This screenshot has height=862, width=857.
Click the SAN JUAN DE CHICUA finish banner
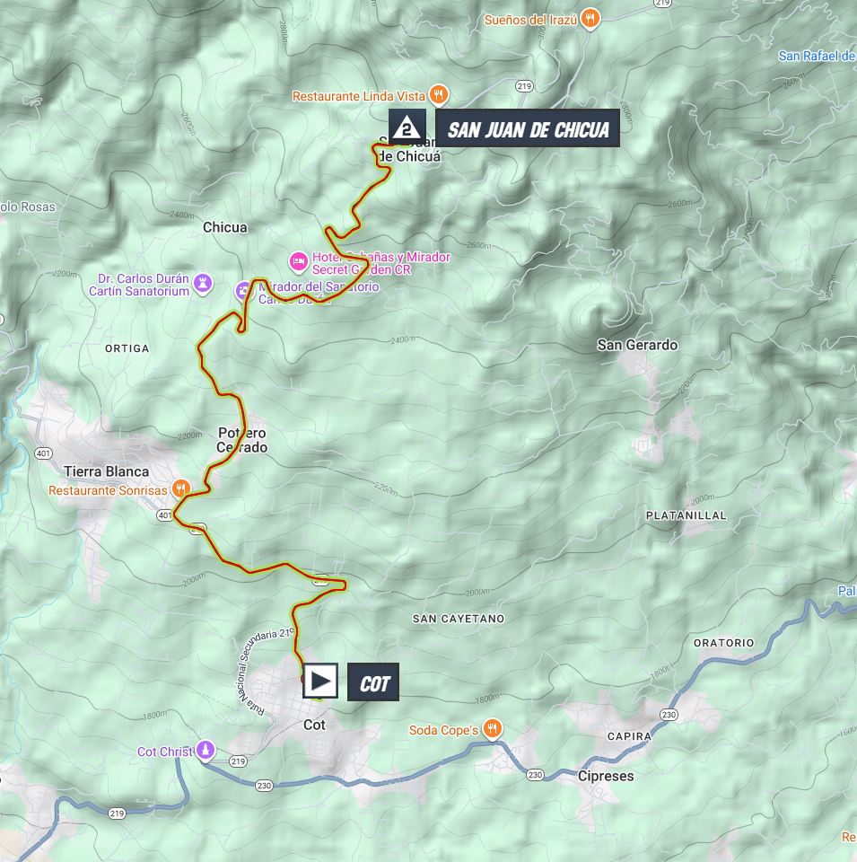(x=528, y=129)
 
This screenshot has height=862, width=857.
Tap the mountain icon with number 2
(x=407, y=128)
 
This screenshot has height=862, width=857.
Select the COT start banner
(x=373, y=683)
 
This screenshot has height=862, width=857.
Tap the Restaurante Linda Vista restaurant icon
(x=437, y=94)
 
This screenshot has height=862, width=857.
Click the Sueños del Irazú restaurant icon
(x=589, y=17)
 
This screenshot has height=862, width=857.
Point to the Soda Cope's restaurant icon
(x=492, y=729)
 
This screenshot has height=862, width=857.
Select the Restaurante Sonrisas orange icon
(x=180, y=489)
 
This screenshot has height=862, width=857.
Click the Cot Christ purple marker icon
(x=206, y=749)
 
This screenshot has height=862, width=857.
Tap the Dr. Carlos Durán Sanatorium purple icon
(x=204, y=284)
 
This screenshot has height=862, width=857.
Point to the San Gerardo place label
(x=637, y=345)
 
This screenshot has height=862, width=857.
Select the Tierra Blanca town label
(x=106, y=471)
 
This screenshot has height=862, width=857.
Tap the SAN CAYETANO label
(x=459, y=619)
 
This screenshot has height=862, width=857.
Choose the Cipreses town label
(x=606, y=776)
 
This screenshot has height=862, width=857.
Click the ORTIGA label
(x=127, y=347)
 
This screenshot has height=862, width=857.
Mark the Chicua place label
(x=224, y=227)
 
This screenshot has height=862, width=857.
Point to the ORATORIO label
(x=724, y=643)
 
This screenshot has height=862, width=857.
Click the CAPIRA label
(x=628, y=736)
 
